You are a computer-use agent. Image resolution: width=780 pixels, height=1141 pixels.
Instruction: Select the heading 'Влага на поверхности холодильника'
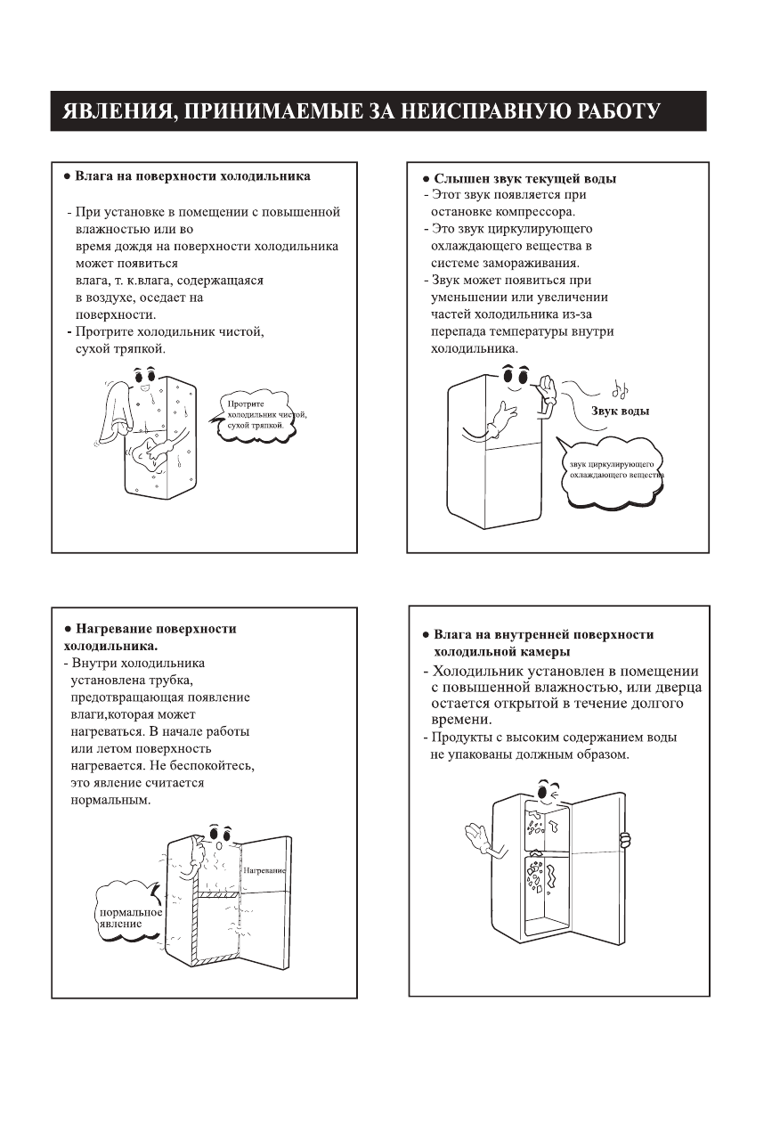click(192, 176)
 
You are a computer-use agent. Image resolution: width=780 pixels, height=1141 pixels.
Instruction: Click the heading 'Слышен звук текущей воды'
click(524, 178)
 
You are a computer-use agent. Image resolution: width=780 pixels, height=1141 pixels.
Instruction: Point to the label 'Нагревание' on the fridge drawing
click(264, 868)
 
